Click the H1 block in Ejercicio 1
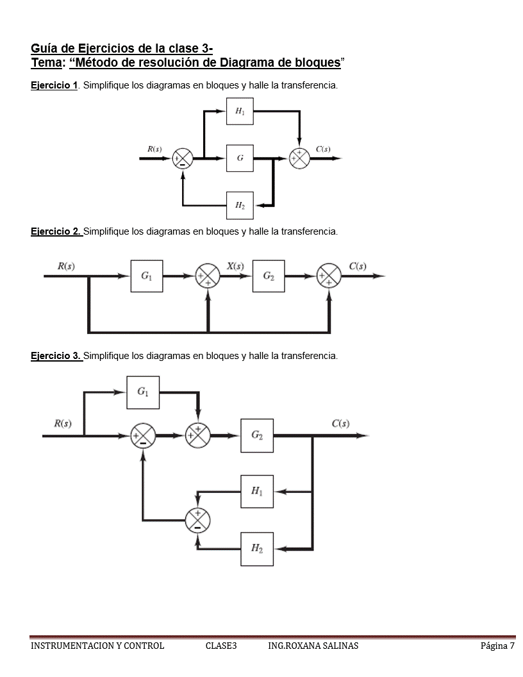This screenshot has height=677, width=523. pyautogui.click(x=240, y=112)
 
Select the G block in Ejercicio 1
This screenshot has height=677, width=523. pyautogui.click(x=240, y=158)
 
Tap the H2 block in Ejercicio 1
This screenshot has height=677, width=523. pyautogui.click(x=240, y=205)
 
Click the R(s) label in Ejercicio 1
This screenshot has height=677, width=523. pyautogui.click(x=154, y=149)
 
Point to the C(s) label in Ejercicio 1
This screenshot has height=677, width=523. pyautogui.click(x=323, y=149)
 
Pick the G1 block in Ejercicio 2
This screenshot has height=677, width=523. pyautogui.click(x=147, y=276)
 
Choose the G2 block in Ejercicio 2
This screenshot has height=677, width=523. pyautogui.click(x=269, y=276)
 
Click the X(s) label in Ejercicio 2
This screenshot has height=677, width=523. pyautogui.click(x=235, y=266)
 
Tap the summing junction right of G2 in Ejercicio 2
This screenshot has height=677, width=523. pyautogui.click(x=329, y=276)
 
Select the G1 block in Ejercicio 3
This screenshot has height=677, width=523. pyautogui.click(x=143, y=392)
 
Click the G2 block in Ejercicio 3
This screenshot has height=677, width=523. pyautogui.click(x=257, y=435)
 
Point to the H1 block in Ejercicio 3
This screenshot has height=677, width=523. pyautogui.click(x=257, y=491)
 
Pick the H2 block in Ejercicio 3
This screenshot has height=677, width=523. pyautogui.click(x=257, y=549)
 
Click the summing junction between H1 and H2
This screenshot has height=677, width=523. pyautogui.click(x=197, y=520)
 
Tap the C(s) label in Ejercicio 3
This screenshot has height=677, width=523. pyautogui.click(x=340, y=423)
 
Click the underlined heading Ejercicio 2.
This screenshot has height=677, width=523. pyautogui.click(x=56, y=231)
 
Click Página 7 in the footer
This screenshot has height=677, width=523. pyautogui.click(x=497, y=646)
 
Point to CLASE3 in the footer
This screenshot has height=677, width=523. pyautogui.click(x=221, y=646)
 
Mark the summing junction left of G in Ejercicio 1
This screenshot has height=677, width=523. pyautogui.click(x=183, y=158)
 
